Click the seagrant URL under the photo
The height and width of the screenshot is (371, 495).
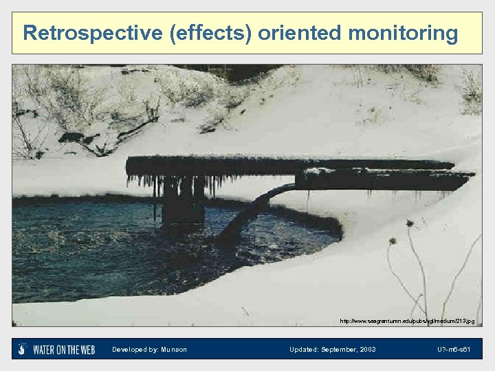click(407, 321)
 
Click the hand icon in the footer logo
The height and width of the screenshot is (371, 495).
click(23, 349)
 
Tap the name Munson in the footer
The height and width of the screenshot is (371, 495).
click(175, 350)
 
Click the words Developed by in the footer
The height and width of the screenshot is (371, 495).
click(135, 350)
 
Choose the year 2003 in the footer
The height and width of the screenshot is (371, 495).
click(367, 350)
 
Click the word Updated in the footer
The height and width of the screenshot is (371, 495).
click(304, 350)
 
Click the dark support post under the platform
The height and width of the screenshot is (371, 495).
click(181, 199)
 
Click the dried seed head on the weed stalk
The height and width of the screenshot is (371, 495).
click(410, 224)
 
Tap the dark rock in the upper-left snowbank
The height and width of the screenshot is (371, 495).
click(72, 137)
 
